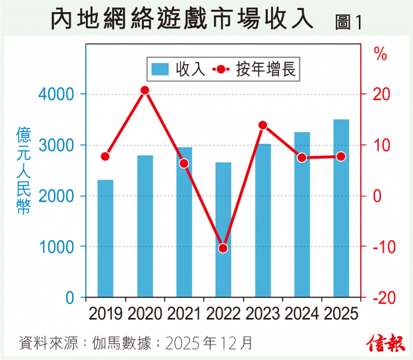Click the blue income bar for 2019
coord(105,238)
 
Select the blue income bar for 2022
coord(223,229)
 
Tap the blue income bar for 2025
coord(341,208)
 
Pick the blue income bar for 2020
coord(145,226)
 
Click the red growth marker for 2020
coord(145,90)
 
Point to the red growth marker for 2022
coord(223,248)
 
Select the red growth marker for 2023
coord(262,125)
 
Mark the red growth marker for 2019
coord(105,156)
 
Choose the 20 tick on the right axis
coord(380,94)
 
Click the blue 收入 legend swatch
coord(161,68)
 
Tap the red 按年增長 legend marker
coord(220,68)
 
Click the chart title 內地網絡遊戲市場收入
coord(181,19)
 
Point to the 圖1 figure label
coord(348,21)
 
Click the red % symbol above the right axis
coord(380,55)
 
